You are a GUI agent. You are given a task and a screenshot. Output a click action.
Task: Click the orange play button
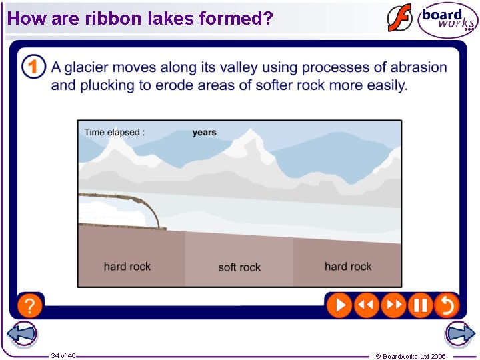(339, 305)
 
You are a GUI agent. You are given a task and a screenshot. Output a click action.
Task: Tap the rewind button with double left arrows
(366, 305)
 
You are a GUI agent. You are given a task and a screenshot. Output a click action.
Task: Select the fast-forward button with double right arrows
(393, 305)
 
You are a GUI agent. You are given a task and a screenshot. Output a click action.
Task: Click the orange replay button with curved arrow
(447, 305)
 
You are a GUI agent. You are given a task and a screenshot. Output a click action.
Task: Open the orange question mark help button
(30, 305)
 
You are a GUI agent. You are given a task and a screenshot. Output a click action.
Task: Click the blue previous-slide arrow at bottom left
(21, 334)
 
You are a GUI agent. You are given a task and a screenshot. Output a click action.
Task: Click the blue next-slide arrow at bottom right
(460, 334)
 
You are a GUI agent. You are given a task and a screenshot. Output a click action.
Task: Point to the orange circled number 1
(33, 67)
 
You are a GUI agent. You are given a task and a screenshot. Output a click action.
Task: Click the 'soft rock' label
(239, 267)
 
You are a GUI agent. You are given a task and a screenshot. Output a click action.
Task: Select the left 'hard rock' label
(127, 267)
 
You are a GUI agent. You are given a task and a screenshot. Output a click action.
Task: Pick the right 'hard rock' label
(348, 267)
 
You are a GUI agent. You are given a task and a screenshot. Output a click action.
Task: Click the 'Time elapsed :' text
(114, 132)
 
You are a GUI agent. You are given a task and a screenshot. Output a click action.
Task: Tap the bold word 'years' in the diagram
(204, 132)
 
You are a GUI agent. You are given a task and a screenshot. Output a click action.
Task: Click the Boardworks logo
(447, 20)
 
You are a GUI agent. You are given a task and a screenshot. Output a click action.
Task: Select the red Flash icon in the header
(400, 18)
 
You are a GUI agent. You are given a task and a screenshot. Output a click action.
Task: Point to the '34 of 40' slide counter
(63, 355)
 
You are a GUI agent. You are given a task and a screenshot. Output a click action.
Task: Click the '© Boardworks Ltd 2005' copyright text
(411, 356)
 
